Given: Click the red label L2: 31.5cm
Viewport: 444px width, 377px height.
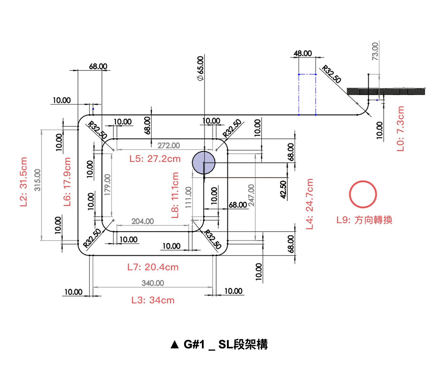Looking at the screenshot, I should coord(23,182).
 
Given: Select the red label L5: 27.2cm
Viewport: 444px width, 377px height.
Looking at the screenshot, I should coord(155,159).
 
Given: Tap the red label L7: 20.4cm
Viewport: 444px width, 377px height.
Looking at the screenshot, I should coord(153,267).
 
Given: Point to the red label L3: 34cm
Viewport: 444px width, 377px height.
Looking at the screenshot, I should coord(153,300).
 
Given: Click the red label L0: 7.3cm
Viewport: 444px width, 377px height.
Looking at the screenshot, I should coord(400,129).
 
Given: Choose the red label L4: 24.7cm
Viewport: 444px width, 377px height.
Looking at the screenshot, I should coord(310,204).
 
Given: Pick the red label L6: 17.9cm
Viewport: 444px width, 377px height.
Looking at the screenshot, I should coord(67,182).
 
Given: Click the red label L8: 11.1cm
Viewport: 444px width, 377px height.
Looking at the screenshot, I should coord(175,195).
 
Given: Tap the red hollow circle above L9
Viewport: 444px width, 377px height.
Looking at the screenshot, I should coord(363,194).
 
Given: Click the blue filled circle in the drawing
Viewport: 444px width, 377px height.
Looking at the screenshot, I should coord(204,163).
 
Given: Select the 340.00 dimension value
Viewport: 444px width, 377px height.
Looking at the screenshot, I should coord(153,283).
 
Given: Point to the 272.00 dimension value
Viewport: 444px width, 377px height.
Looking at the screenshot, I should coord(169,145).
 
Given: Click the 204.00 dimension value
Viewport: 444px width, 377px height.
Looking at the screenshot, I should coord(143,221).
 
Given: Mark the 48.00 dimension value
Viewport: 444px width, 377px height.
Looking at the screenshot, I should coord(303,53).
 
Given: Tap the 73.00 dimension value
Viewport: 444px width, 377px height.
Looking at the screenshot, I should coord(375,51).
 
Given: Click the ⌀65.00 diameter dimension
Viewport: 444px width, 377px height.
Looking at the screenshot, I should coord(200,68).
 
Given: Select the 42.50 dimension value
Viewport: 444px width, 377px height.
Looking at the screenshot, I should coord(283,189).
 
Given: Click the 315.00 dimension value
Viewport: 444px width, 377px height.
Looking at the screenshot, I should coord(38,180).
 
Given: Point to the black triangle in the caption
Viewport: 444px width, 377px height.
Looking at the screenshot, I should coord(175,345).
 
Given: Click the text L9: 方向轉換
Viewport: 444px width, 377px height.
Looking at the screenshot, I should coord(364,220).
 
